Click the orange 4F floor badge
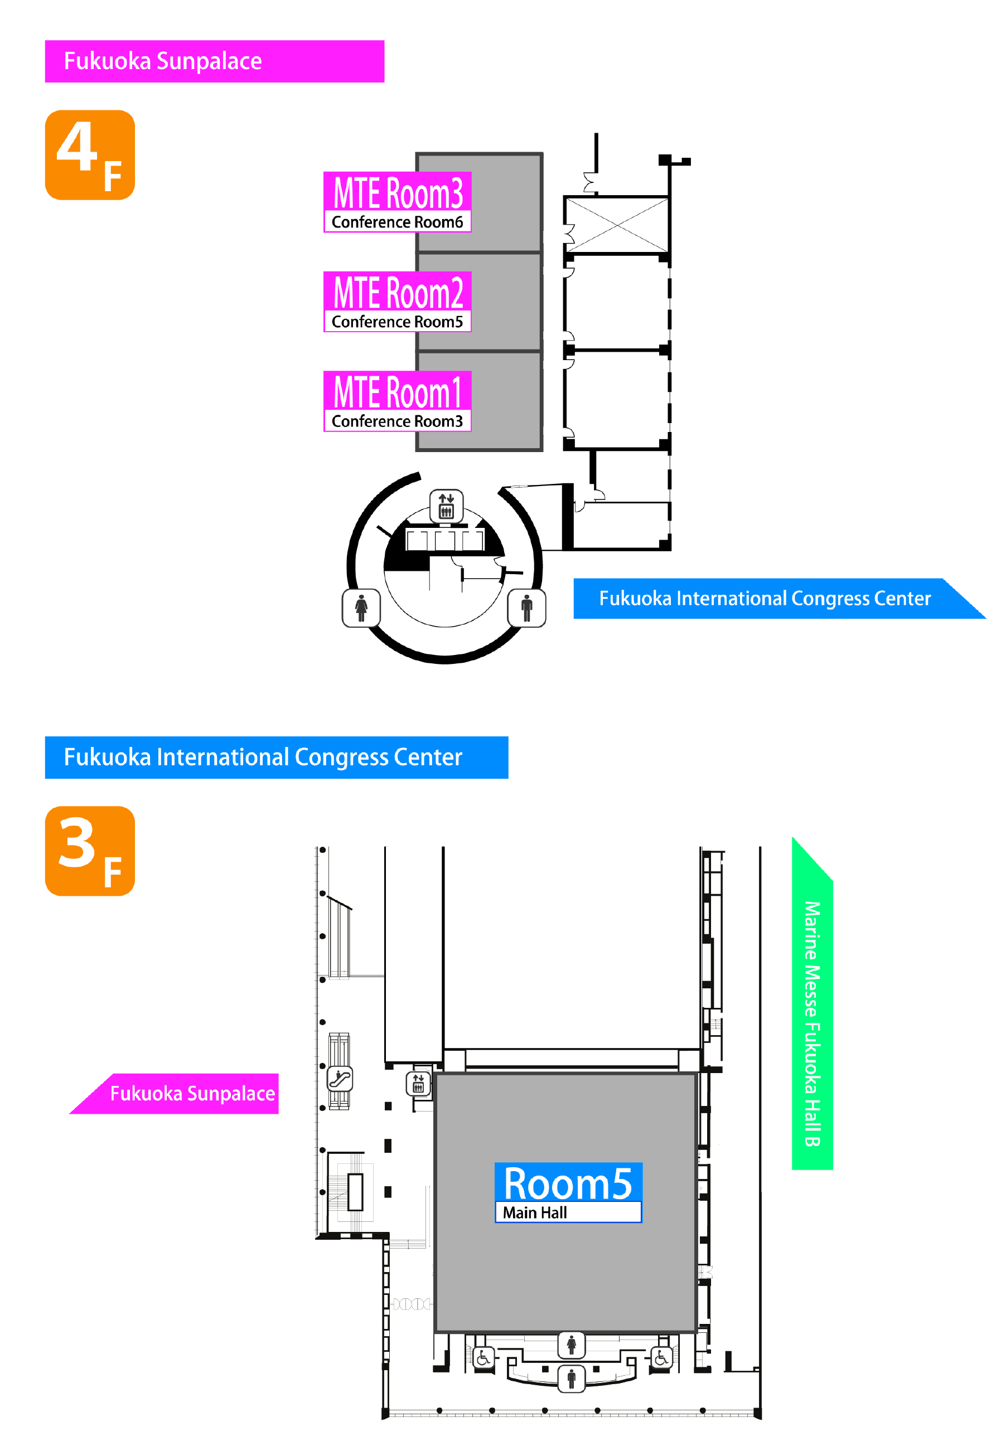[x=90, y=155]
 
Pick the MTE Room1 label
[x=398, y=392]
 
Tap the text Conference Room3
[x=398, y=421]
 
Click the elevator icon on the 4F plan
[x=446, y=505]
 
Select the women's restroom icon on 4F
[x=361, y=608]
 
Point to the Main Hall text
[x=535, y=1212]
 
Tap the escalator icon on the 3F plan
[x=340, y=1079]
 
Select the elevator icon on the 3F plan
[x=418, y=1083]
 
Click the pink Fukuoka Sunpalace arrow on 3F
[x=187, y=1094]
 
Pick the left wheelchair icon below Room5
[x=484, y=1358]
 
